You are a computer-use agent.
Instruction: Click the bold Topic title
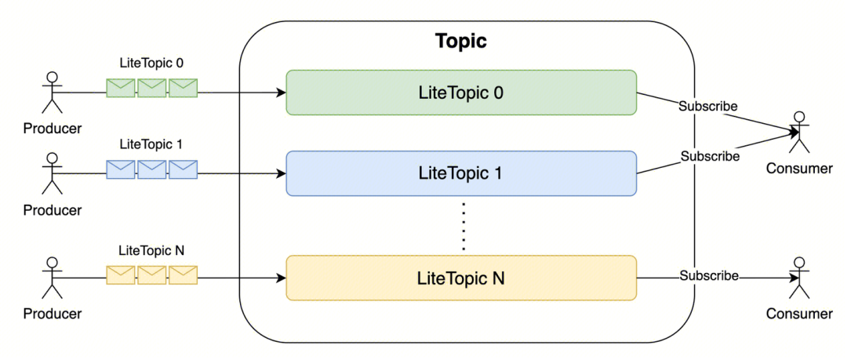[461, 41]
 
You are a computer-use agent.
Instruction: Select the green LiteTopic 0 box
[461, 93]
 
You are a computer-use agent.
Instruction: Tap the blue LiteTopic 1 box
[461, 173]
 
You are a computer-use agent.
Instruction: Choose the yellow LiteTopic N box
[461, 278]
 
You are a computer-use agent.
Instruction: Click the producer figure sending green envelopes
[52, 92]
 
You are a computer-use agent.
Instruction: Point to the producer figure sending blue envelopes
[52, 173]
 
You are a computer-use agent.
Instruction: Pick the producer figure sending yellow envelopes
[52, 278]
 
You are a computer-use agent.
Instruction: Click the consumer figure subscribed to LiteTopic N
[799, 278]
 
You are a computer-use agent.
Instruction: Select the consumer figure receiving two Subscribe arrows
[799, 132]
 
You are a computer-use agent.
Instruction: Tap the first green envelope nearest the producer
[121, 88]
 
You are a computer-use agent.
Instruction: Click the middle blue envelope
[152, 169]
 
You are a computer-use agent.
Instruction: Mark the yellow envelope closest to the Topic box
[183, 275]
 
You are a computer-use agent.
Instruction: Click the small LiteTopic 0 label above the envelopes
[151, 63]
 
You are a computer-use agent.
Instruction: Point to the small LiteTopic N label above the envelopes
[151, 251]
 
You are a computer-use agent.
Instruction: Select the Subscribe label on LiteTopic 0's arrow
[708, 106]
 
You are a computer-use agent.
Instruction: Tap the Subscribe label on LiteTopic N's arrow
[709, 275]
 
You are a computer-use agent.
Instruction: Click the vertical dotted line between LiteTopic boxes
[463, 226]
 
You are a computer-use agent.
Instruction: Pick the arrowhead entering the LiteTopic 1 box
[281, 173]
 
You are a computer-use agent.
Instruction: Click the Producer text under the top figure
[53, 129]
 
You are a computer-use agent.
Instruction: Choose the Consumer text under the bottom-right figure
[799, 314]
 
